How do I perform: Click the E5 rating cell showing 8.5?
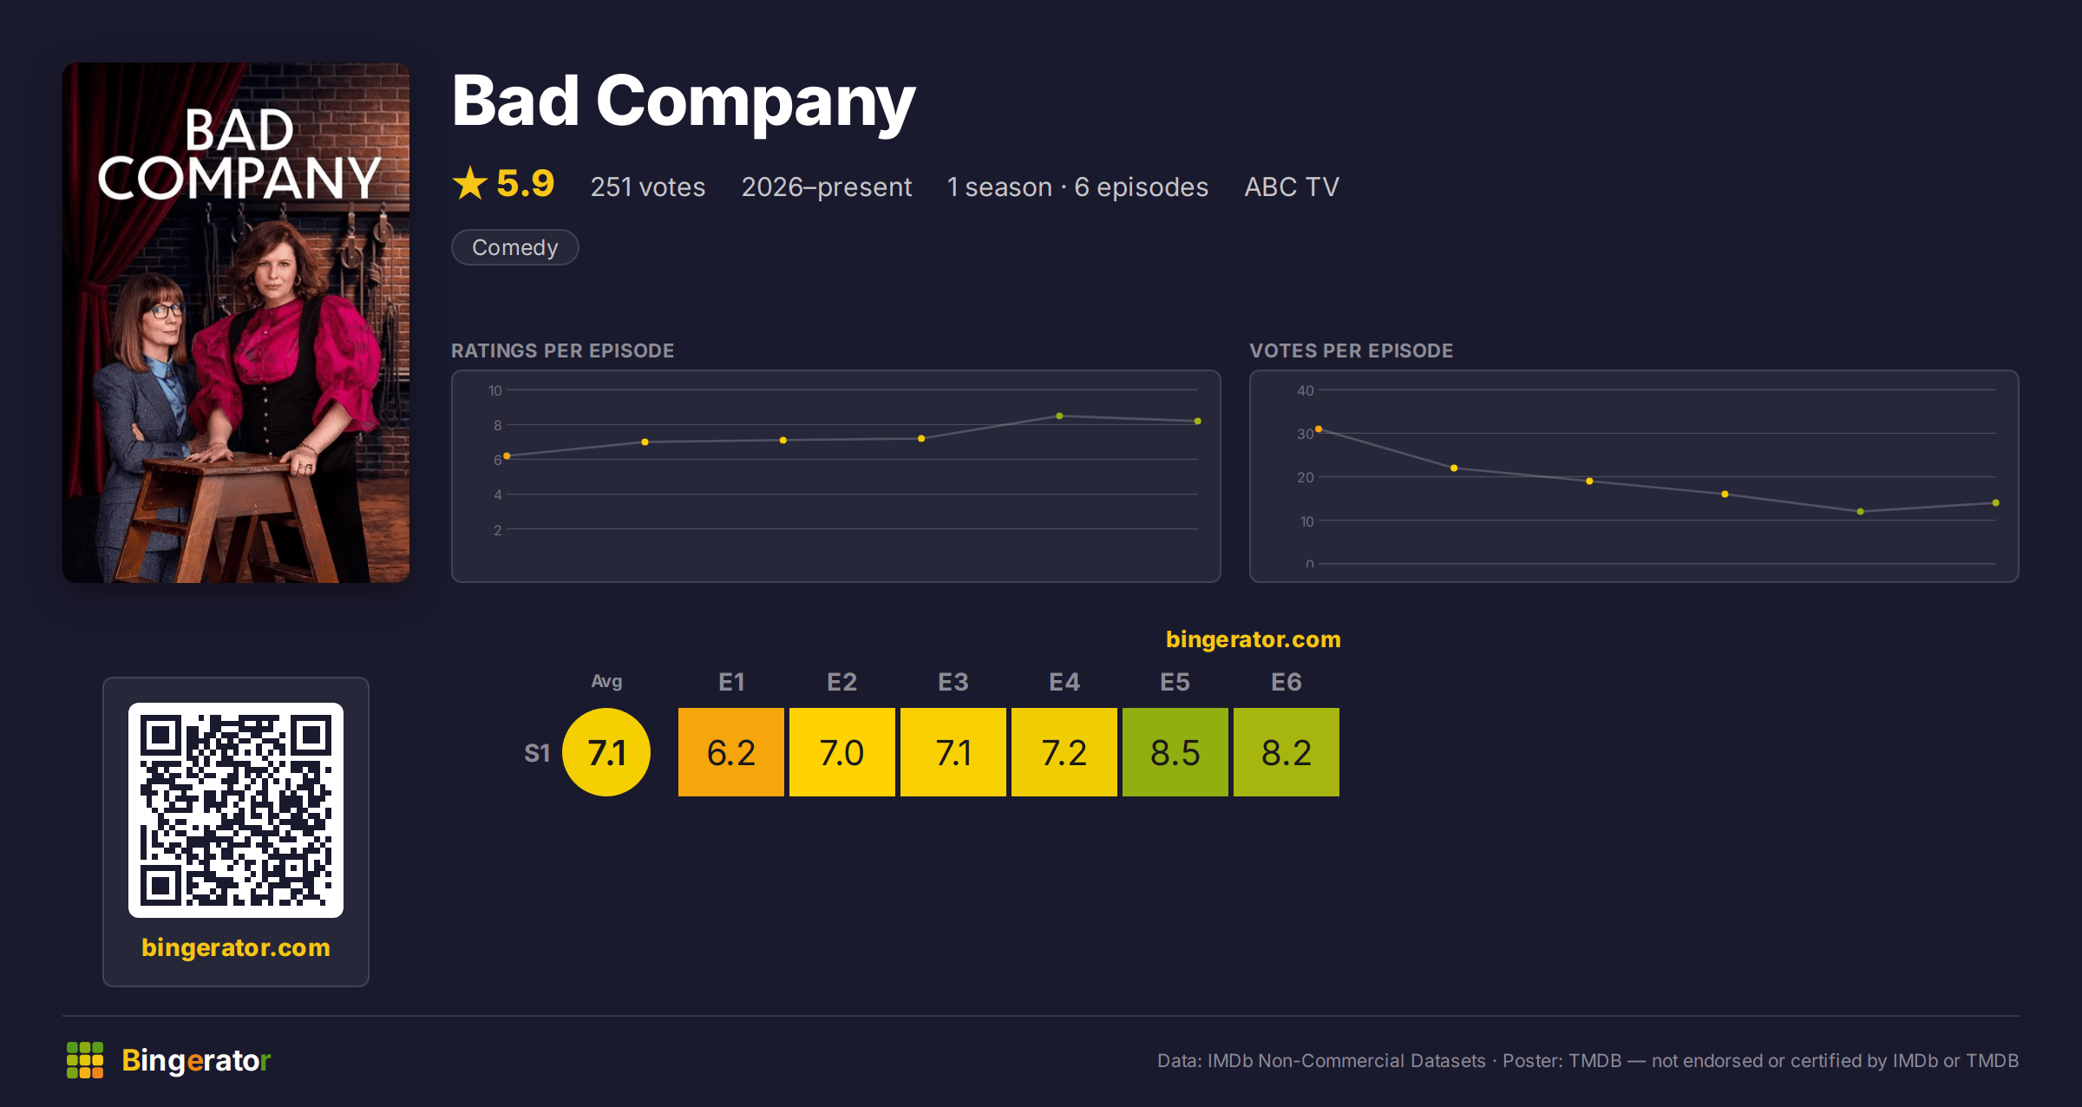pyautogui.click(x=1175, y=752)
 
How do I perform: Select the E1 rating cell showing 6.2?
pyautogui.click(x=731, y=752)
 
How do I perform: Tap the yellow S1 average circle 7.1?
pyautogui.click(x=606, y=752)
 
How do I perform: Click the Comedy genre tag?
pyautogui.click(x=515, y=247)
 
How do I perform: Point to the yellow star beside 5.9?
pyautogui.click(x=470, y=183)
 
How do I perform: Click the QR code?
pyautogui.click(x=236, y=810)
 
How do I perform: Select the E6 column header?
pyautogui.click(x=1287, y=682)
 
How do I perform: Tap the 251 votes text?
pyautogui.click(x=648, y=187)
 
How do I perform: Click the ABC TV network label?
pyautogui.click(x=1292, y=187)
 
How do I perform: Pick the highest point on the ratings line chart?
pyautogui.click(x=1059, y=416)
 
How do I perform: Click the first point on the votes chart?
pyautogui.click(x=1319, y=429)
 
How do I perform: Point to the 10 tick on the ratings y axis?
pyautogui.click(x=495, y=390)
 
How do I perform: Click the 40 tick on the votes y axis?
pyautogui.click(x=1306, y=390)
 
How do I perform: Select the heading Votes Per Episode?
pyautogui.click(x=1352, y=350)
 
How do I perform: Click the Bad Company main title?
pyautogui.click(x=684, y=102)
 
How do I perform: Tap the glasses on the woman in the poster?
pyautogui.click(x=164, y=309)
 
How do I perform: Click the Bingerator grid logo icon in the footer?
pyautogui.click(x=85, y=1060)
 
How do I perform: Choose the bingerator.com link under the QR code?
pyautogui.click(x=236, y=947)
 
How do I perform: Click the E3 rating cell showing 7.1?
pyautogui.click(x=953, y=752)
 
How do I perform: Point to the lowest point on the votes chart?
pyautogui.click(x=1860, y=512)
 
